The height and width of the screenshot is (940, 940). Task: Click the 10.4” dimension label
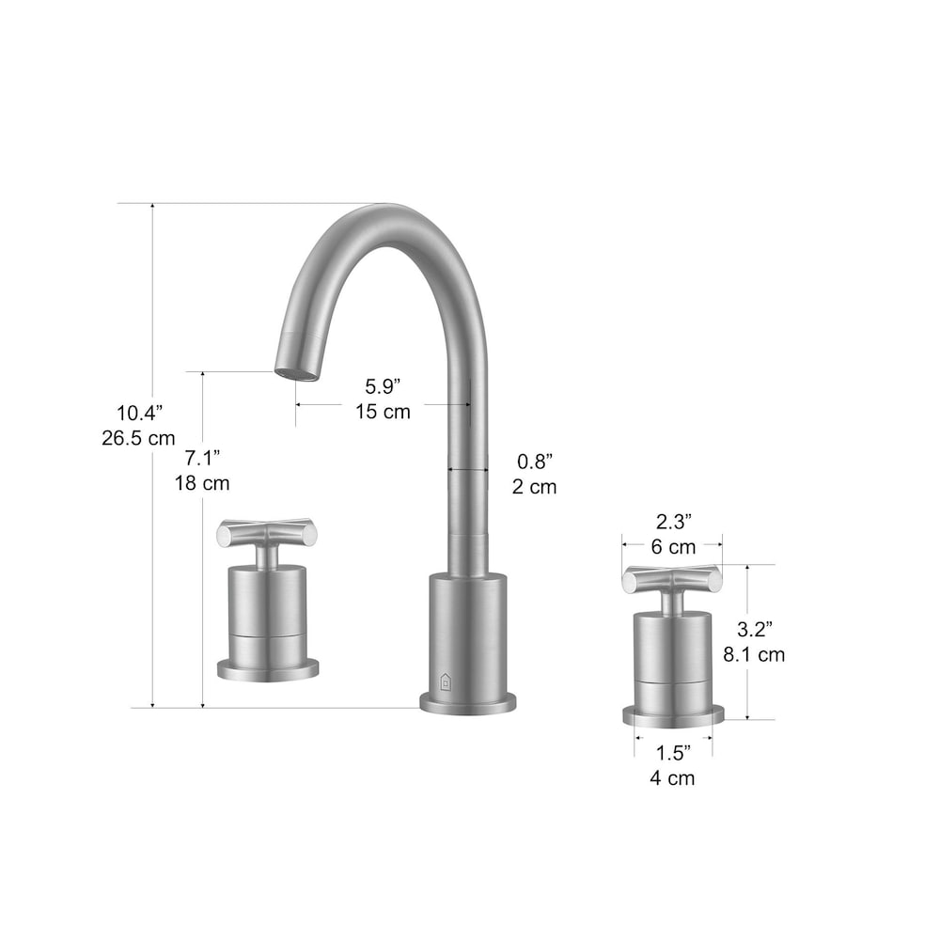point(139,412)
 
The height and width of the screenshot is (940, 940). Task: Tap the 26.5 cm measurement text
point(139,437)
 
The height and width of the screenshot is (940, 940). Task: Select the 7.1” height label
point(202,458)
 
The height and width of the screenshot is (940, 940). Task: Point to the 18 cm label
point(202,483)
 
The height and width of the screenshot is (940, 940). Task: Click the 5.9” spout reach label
point(383,385)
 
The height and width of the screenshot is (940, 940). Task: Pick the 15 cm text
point(383,411)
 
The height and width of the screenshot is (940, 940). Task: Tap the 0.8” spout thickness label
point(534,461)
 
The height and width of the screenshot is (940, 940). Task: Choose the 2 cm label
point(534,486)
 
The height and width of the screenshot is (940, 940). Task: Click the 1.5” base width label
point(672,752)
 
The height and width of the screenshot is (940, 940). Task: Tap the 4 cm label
point(672,777)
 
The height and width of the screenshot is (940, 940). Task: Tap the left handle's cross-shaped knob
point(262,534)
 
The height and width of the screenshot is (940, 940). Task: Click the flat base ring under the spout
point(468,703)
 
